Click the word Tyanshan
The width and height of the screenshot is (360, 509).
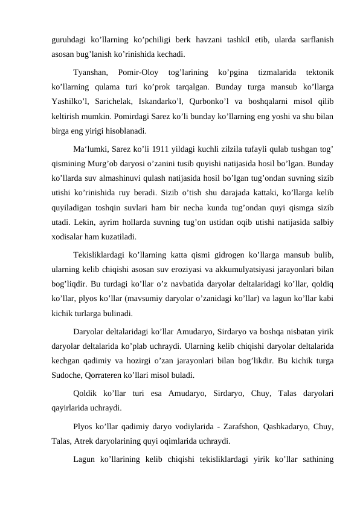90,73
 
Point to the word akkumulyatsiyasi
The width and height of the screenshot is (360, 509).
232,268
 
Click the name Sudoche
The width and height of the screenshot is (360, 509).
67,375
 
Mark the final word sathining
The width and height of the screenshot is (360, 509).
317,456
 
